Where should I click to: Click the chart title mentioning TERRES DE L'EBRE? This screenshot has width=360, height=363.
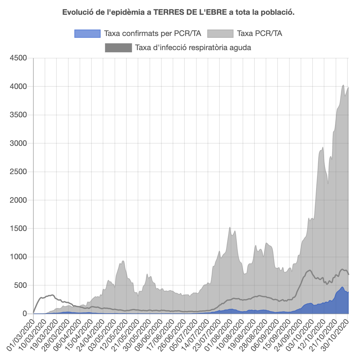(x=178, y=13)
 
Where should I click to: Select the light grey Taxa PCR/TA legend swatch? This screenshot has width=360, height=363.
(x=220, y=33)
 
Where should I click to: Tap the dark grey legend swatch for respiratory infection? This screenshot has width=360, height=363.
(x=118, y=48)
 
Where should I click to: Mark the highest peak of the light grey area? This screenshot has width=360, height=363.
(x=343, y=85)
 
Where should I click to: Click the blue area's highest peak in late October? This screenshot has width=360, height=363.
(x=342, y=287)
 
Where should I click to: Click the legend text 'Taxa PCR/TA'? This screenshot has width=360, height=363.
(x=260, y=33)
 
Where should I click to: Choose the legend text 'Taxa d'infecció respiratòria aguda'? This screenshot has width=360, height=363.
(x=193, y=48)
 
